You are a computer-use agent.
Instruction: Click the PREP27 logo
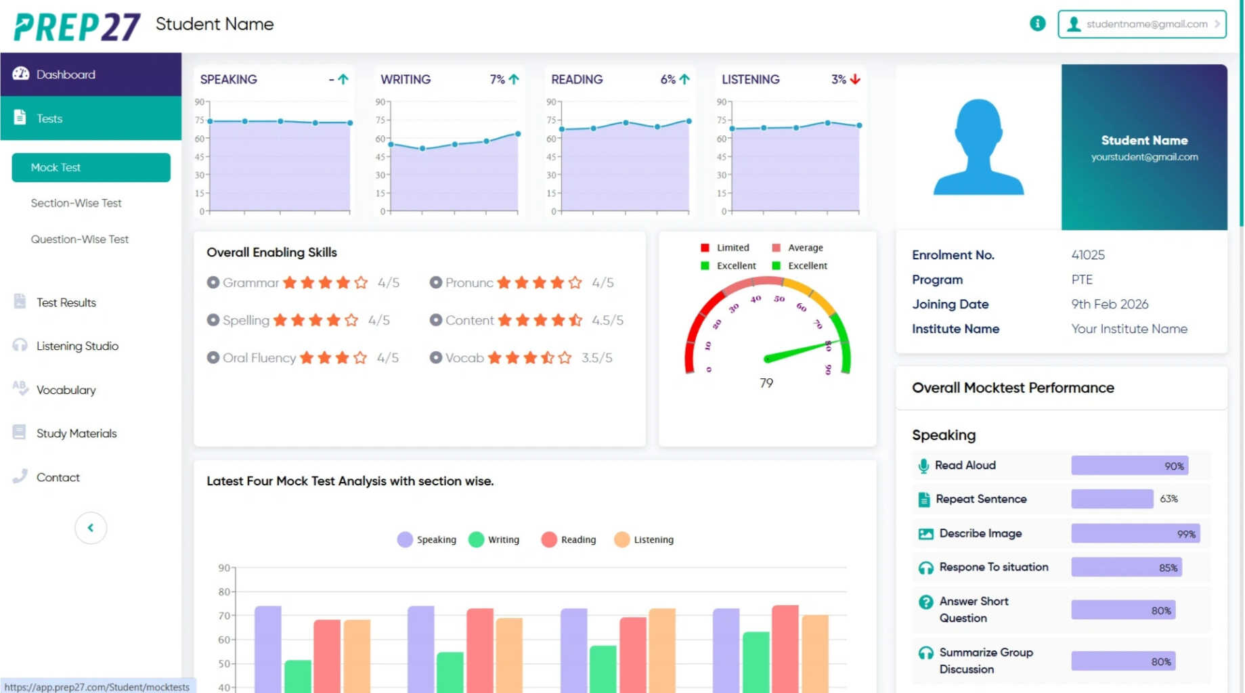(77, 27)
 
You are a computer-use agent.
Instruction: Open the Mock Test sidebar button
(91, 167)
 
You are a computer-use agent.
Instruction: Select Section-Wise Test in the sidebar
(76, 203)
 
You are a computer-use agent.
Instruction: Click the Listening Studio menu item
(77, 346)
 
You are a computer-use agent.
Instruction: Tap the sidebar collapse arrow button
(91, 528)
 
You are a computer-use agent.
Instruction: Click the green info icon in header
(1036, 24)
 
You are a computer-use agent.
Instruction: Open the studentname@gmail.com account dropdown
(1141, 24)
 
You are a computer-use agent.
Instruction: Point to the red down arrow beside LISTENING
(855, 79)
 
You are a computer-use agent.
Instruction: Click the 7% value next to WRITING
(497, 79)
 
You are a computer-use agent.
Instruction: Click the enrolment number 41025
(1087, 255)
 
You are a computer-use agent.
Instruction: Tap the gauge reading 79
(766, 383)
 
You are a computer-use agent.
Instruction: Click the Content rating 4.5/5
(607, 320)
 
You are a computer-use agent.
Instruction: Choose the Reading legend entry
(569, 539)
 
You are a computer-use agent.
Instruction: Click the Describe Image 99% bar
(1135, 533)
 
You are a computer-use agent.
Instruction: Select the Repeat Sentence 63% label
(1168, 499)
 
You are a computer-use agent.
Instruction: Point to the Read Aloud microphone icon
(923, 466)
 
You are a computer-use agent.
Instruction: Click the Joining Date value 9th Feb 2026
(1109, 305)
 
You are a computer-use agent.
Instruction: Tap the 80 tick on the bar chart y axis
(224, 591)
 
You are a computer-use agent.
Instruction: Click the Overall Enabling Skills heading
(271, 252)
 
